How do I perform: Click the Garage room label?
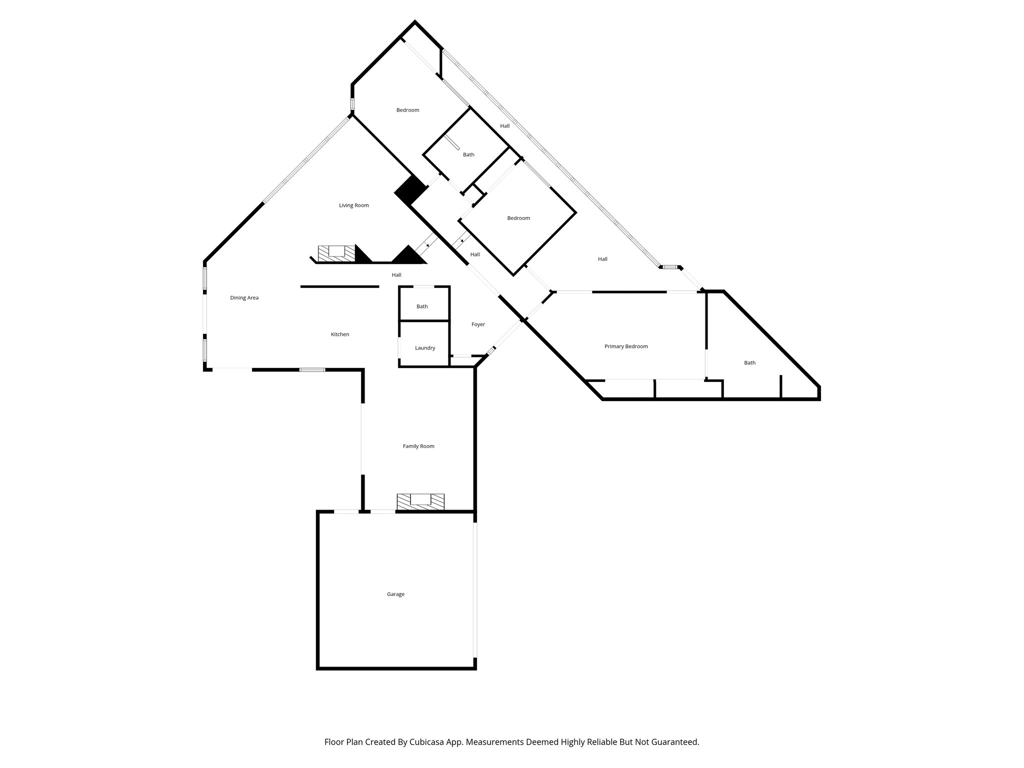tap(395, 594)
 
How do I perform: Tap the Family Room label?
tap(418, 446)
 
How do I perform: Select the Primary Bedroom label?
tap(626, 346)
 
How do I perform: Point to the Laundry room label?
tap(425, 348)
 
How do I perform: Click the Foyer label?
tap(478, 324)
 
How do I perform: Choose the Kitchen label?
tap(340, 334)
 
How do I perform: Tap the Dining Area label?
tap(244, 298)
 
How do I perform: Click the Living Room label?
tap(353, 205)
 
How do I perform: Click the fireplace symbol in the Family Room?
tap(420, 501)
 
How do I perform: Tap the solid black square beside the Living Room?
tap(411, 190)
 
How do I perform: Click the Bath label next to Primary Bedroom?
tap(749, 363)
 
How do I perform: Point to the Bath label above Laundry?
tap(422, 306)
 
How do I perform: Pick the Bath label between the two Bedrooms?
tap(468, 155)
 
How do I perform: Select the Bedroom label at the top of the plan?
tap(407, 110)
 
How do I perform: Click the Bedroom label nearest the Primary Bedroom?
tap(518, 218)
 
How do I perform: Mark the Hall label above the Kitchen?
tap(396, 275)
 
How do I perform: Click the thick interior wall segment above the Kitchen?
tap(339, 286)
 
